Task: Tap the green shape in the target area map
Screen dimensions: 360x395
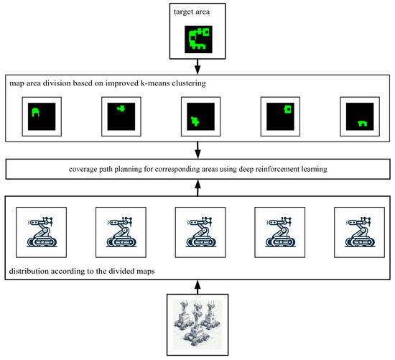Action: pos(197,38)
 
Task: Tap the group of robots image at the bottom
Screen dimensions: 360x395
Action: pos(197,323)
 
